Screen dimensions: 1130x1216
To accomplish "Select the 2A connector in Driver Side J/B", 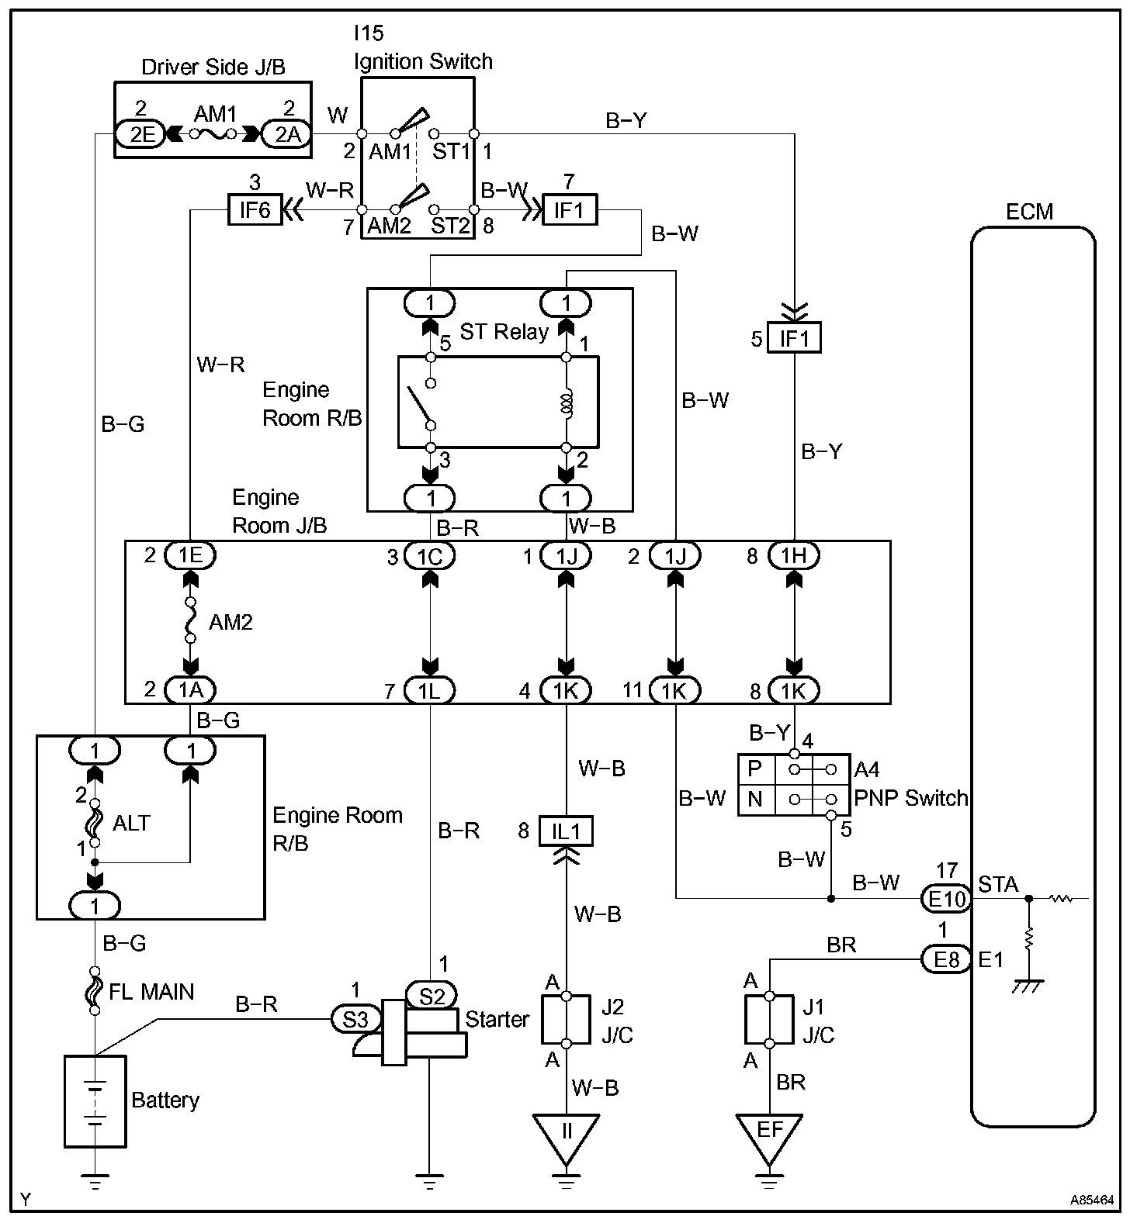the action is point(286,134).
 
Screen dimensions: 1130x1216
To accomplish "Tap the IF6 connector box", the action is point(255,209).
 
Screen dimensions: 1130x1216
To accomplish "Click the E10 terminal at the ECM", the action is point(947,898).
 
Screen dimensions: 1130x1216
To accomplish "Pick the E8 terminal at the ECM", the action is point(947,959).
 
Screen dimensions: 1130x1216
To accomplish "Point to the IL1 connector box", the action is point(566,831).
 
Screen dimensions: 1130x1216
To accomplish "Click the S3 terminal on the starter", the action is point(356,1018).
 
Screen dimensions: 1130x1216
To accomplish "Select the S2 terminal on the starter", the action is point(432,995).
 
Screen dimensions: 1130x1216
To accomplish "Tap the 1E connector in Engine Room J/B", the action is point(190,555).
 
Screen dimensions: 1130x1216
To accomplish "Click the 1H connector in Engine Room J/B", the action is point(794,555).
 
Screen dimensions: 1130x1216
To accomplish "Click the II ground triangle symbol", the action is point(566,1139).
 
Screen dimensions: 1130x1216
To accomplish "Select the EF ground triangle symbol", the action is point(769,1139).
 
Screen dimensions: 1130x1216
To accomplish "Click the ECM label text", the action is point(1029,212).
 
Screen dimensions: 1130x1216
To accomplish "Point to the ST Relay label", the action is point(504,332).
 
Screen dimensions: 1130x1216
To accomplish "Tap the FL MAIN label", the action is point(152,992).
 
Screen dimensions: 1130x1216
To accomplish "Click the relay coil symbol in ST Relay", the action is point(567,402).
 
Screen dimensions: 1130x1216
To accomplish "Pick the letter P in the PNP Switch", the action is point(754,769).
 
